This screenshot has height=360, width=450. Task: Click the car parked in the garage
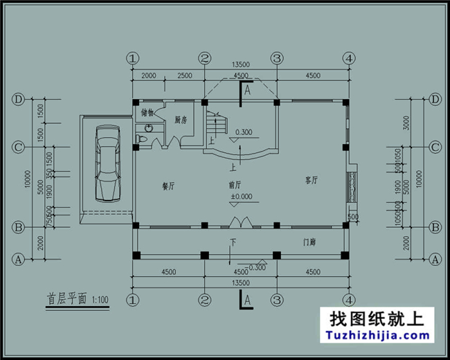tap(107, 162)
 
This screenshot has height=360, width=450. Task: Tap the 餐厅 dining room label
tap(168, 186)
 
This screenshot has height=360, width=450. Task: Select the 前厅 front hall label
tap(235, 185)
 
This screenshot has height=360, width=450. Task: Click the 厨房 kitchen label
tap(181, 120)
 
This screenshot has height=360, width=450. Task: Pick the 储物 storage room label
tap(147, 112)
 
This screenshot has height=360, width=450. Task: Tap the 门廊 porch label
tap(309, 243)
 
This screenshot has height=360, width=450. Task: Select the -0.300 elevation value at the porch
tap(255, 266)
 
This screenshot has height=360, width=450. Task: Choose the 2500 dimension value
tap(184, 75)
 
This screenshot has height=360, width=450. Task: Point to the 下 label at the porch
tap(233, 242)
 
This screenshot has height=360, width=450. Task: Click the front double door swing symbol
tap(240, 223)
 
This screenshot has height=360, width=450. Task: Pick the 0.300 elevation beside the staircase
tap(244, 132)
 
